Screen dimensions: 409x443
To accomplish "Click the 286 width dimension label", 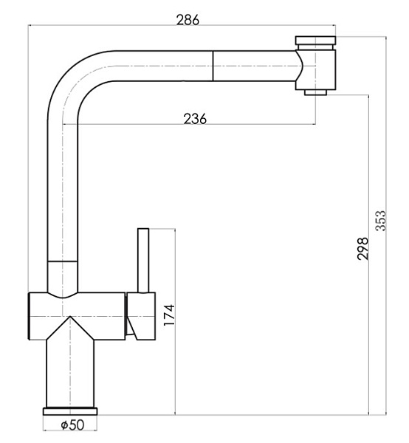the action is (188, 20).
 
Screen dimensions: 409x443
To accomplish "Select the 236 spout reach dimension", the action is (195, 119).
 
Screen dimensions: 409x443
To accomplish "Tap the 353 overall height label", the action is (381, 221).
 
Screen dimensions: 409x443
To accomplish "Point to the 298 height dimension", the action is (362, 249).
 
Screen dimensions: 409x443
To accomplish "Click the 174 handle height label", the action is (169, 315).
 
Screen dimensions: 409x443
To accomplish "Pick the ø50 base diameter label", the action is (72, 425).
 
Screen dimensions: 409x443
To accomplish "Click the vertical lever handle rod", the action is (143, 260).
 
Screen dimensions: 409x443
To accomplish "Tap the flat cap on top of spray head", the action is (315, 40).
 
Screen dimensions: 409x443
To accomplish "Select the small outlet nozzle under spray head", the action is (315, 92).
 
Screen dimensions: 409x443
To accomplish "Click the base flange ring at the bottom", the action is (70, 411).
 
